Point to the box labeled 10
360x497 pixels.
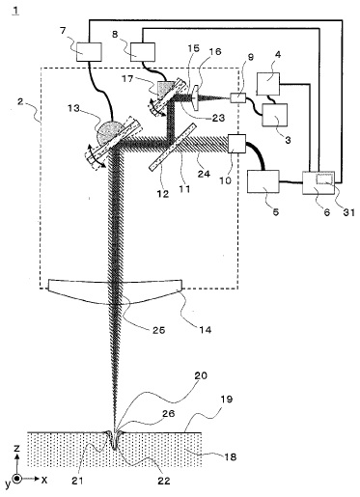pos(235,145)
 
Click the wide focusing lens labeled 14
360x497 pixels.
pos(114,290)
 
